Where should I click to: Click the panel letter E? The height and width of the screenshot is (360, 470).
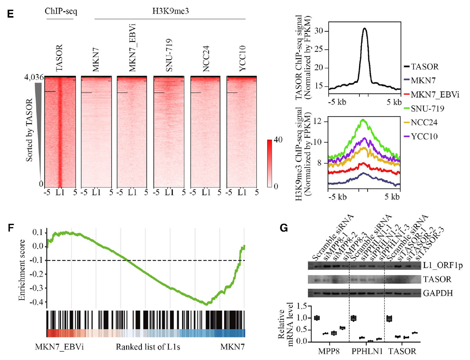(x=10, y=14)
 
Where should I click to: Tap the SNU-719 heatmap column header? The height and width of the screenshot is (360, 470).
(x=169, y=55)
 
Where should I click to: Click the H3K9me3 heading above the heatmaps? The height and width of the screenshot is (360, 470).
(x=170, y=11)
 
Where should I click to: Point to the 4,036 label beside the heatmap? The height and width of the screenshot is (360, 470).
(x=34, y=77)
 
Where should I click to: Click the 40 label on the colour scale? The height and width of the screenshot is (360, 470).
(x=278, y=140)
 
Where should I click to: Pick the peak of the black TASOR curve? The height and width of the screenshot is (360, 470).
(x=365, y=29)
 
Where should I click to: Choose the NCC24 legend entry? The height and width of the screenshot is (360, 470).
(x=424, y=123)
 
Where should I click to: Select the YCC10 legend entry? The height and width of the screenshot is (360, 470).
(x=424, y=137)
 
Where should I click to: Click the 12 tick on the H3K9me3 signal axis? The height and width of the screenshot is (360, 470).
(x=321, y=121)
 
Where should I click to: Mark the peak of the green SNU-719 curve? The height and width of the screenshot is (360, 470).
(x=363, y=120)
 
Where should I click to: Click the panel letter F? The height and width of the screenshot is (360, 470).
(x=11, y=228)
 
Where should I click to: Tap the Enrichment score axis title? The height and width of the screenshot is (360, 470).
(x=22, y=270)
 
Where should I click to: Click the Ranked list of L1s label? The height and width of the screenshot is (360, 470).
(x=148, y=347)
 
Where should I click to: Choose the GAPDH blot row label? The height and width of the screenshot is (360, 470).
(x=438, y=293)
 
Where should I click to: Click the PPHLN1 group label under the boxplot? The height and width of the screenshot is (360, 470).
(x=367, y=352)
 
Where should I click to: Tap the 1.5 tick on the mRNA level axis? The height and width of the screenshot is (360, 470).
(x=302, y=307)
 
